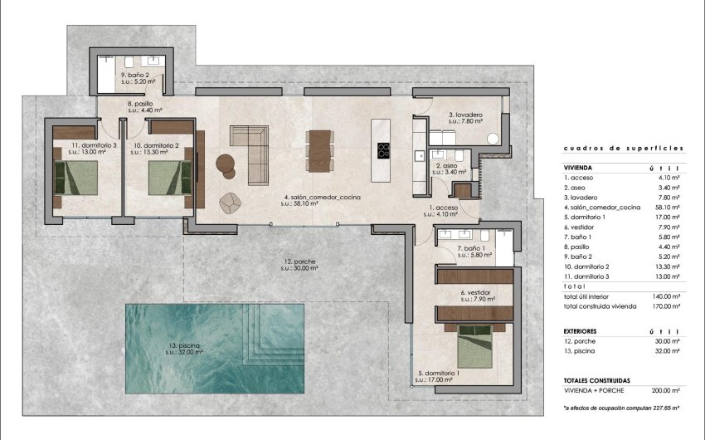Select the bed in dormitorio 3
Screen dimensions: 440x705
point(76,177)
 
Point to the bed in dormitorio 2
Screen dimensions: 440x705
point(169,177)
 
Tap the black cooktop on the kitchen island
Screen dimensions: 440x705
point(385,150)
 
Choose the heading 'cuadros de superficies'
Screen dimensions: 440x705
point(622,148)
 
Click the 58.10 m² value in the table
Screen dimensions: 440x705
point(667,206)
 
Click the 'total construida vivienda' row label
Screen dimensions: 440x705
point(600,306)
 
